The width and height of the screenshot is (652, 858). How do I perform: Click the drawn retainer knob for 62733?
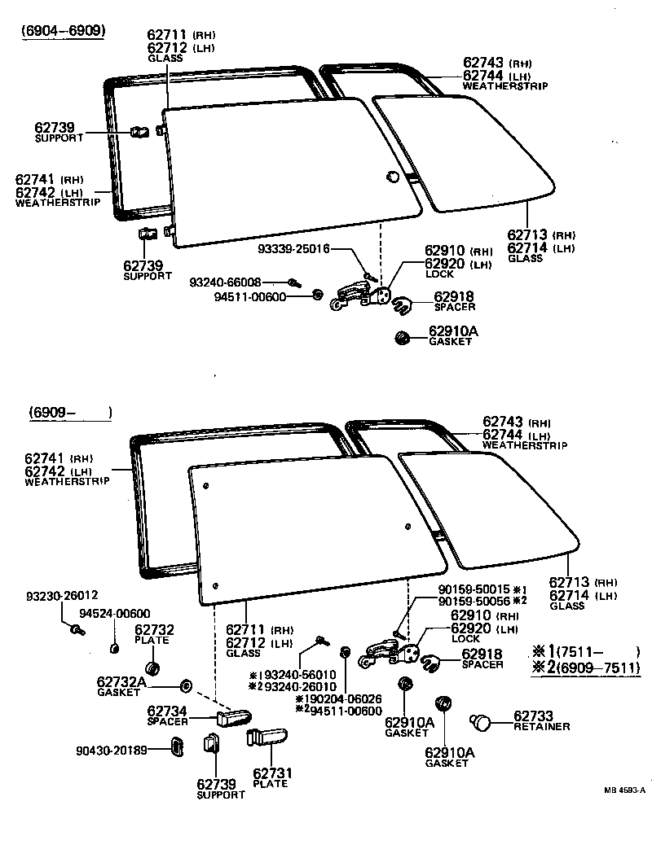[482, 721]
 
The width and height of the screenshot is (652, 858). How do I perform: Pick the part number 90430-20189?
[112, 749]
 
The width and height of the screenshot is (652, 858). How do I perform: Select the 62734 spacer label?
[168, 715]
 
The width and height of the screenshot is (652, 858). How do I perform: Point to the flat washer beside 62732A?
[184, 684]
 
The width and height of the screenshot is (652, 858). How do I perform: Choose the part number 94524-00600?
[115, 614]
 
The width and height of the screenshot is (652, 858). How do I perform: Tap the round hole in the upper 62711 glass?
[392, 177]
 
